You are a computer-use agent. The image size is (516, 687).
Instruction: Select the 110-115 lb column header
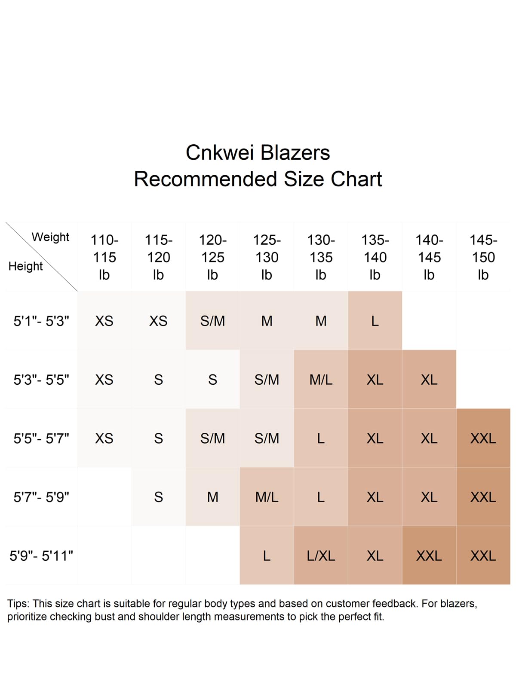coord(104,257)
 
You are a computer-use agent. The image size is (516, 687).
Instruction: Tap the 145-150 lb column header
coord(483,257)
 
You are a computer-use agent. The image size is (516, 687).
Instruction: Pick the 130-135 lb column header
coord(321,257)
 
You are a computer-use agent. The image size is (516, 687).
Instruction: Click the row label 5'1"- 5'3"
coord(41,321)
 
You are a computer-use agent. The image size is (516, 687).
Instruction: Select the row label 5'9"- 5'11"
coord(41,556)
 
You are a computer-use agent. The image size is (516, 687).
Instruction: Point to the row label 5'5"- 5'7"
coord(41,438)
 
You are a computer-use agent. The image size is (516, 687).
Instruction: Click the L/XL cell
coord(321,556)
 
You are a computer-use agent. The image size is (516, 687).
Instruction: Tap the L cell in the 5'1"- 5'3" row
coord(375,321)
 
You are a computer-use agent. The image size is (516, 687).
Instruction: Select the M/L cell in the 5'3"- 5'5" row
coord(321,380)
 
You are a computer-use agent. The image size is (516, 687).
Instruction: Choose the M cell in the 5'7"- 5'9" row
coord(213,497)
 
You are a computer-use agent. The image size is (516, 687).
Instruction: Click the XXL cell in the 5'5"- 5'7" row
coord(483,438)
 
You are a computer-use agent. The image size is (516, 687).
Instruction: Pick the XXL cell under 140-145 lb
coord(429,556)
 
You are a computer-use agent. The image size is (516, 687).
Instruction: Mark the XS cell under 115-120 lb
coord(158,321)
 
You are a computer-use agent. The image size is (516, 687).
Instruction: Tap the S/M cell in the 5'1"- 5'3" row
coord(213,321)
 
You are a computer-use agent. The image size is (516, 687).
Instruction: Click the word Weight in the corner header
coord(50,237)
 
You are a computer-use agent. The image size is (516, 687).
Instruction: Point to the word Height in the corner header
coord(26,266)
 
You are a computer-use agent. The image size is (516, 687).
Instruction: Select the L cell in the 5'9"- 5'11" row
coord(267,556)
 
